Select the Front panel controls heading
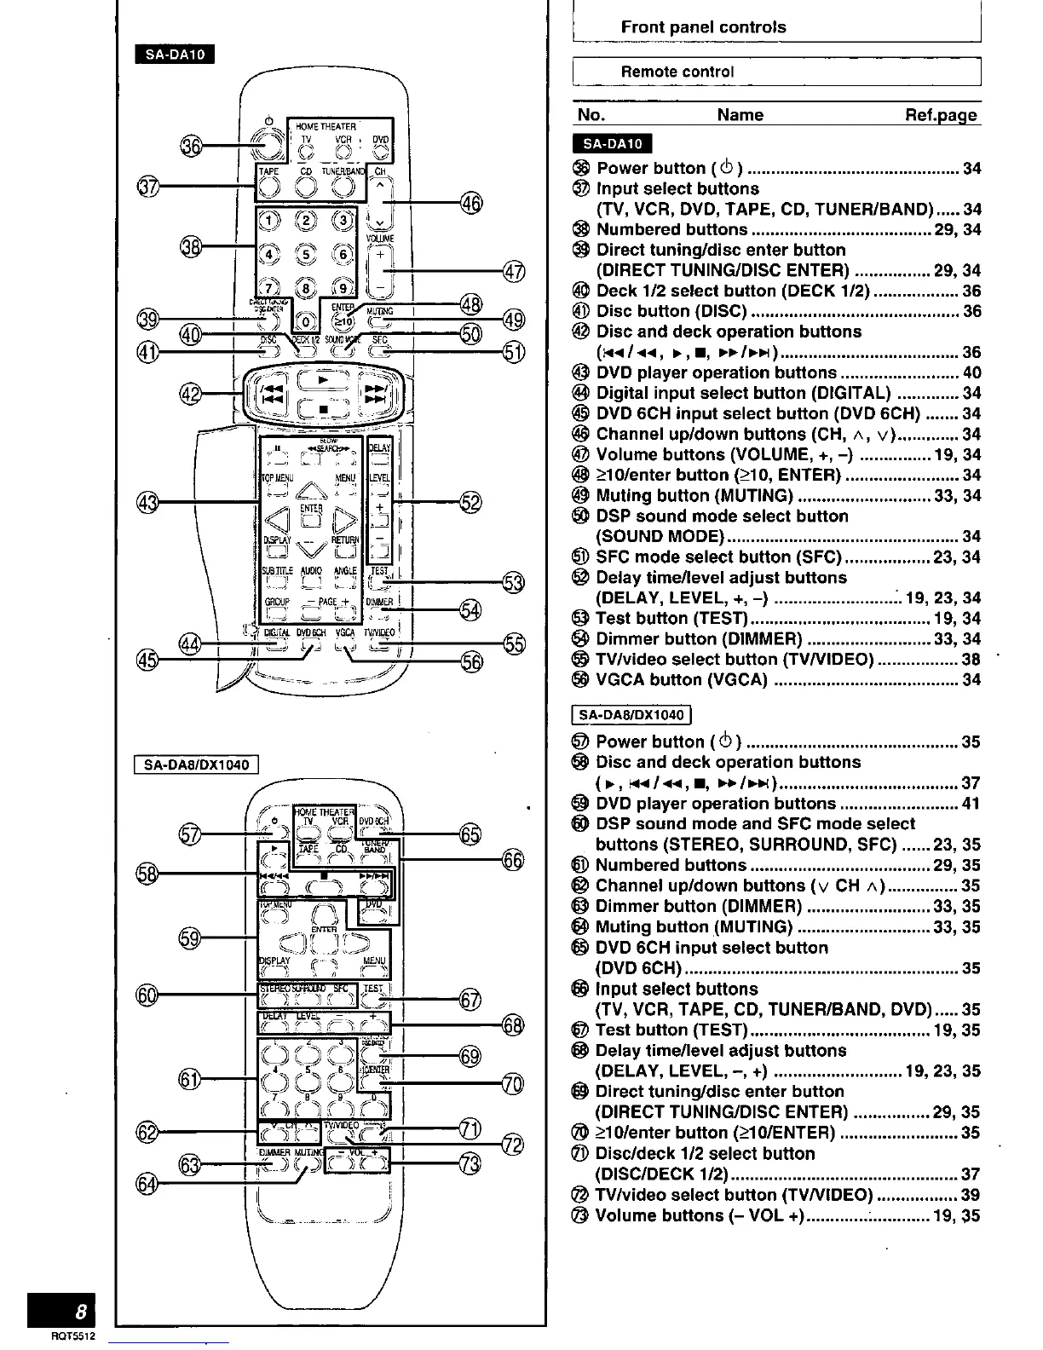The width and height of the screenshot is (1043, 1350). (x=703, y=26)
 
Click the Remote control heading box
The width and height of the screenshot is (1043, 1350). (x=776, y=72)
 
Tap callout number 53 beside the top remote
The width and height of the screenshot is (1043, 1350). (x=513, y=583)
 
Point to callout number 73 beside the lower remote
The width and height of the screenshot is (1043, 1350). (x=470, y=1162)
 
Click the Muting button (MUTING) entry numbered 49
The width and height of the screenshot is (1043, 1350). (x=694, y=496)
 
